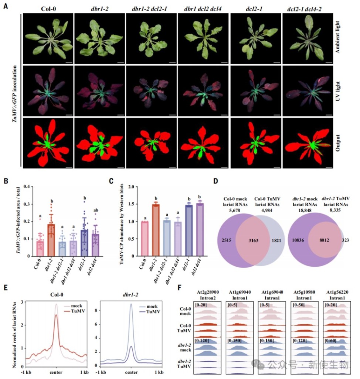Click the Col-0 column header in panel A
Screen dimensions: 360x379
point(48,9)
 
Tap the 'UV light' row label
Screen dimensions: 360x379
point(337,91)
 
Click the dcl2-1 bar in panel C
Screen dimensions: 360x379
point(189,230)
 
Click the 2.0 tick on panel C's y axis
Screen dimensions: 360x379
point(131,187)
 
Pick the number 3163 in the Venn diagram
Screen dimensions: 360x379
point(253,240)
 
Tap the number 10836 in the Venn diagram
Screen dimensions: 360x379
point(298,240)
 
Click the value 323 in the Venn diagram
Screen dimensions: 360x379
point(345,240)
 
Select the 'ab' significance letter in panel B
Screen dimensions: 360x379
point(95,210)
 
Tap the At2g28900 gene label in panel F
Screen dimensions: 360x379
point(208,292)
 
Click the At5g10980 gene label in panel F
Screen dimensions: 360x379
point(304,292)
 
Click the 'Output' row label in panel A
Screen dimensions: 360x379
point(337,143)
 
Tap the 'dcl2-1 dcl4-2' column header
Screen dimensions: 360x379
point(304,9)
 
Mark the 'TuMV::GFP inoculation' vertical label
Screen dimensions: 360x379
point(15,94)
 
